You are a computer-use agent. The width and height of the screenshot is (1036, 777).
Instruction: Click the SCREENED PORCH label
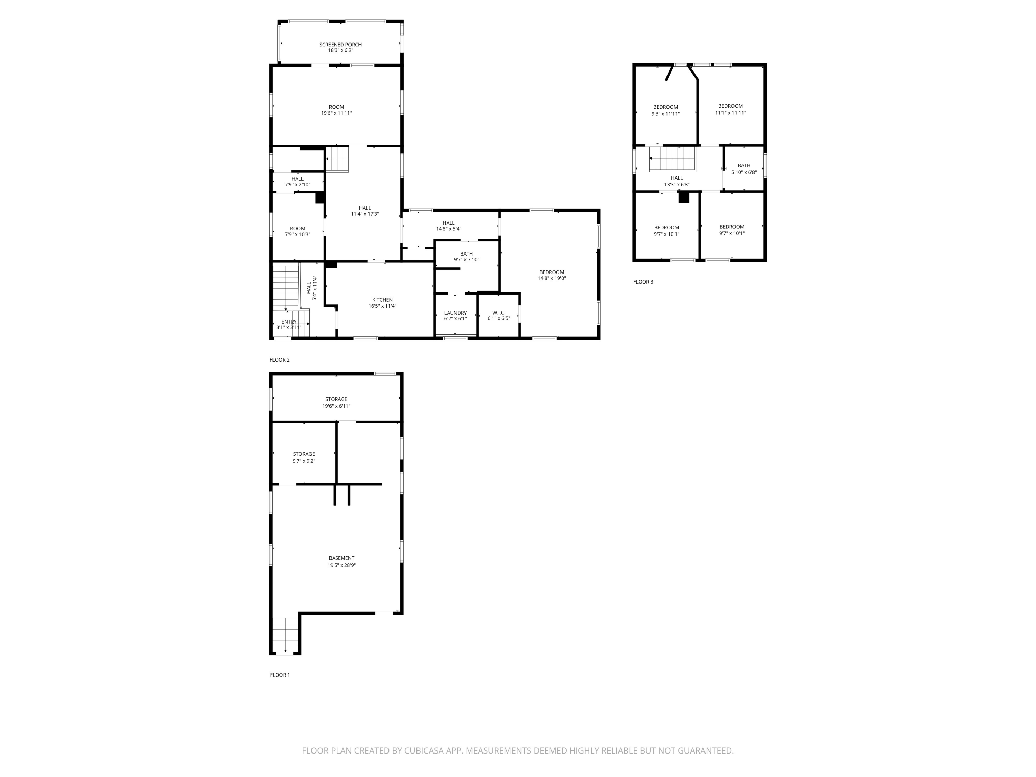(340, 45)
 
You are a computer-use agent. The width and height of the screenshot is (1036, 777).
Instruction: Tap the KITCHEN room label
(382, 300)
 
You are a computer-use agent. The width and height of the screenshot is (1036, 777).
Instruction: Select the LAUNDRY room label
(455, 313)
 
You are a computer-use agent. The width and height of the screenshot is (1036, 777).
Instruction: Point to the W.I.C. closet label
(499, 313)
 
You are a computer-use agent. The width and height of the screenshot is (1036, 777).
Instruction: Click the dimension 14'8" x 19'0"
(552, 278)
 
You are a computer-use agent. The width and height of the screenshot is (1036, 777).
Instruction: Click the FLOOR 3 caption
(643, 282)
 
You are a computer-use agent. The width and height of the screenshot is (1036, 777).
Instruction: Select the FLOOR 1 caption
(280, 675)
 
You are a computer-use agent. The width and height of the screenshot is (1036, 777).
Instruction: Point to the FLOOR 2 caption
(280, 360)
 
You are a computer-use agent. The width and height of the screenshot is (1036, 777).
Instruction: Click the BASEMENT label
(342, 558)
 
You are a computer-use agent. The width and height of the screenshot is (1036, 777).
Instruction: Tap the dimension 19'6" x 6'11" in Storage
(336, 406)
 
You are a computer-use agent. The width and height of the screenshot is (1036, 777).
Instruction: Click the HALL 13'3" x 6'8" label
(677, 178)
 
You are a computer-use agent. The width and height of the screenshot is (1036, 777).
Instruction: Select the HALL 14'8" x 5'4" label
(448, 223)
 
